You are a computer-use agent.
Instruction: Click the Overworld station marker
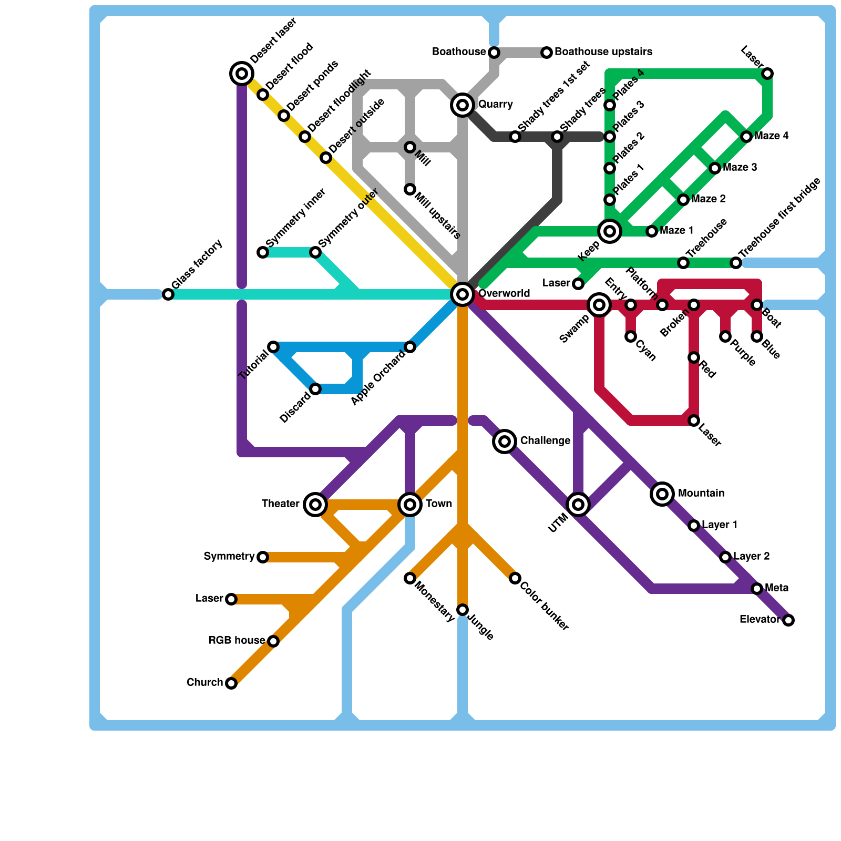(463, 294)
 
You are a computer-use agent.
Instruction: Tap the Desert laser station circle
(242, 74)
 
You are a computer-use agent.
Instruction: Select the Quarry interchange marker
(463, 105)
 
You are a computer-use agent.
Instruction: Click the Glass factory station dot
(168, 294)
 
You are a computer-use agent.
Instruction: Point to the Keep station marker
(610, 231)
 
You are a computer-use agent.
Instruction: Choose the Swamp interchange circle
(599, 305)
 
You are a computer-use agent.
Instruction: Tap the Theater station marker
(315, 505)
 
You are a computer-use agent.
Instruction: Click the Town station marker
(410, 505)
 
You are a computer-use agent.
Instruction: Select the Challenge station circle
(505, 442)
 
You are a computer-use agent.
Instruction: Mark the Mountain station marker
(662, 494)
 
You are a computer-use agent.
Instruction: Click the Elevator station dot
(788, 620)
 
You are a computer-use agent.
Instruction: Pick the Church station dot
(231, 683)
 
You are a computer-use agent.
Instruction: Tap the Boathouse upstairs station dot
(547, 53)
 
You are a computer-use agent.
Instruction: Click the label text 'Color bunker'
(545, 607)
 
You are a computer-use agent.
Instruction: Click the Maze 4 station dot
(746, 137)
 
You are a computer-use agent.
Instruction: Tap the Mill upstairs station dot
(410, 189)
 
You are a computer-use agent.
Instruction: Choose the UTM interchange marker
(578, 505)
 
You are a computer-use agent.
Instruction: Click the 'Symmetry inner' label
(296, 218)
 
